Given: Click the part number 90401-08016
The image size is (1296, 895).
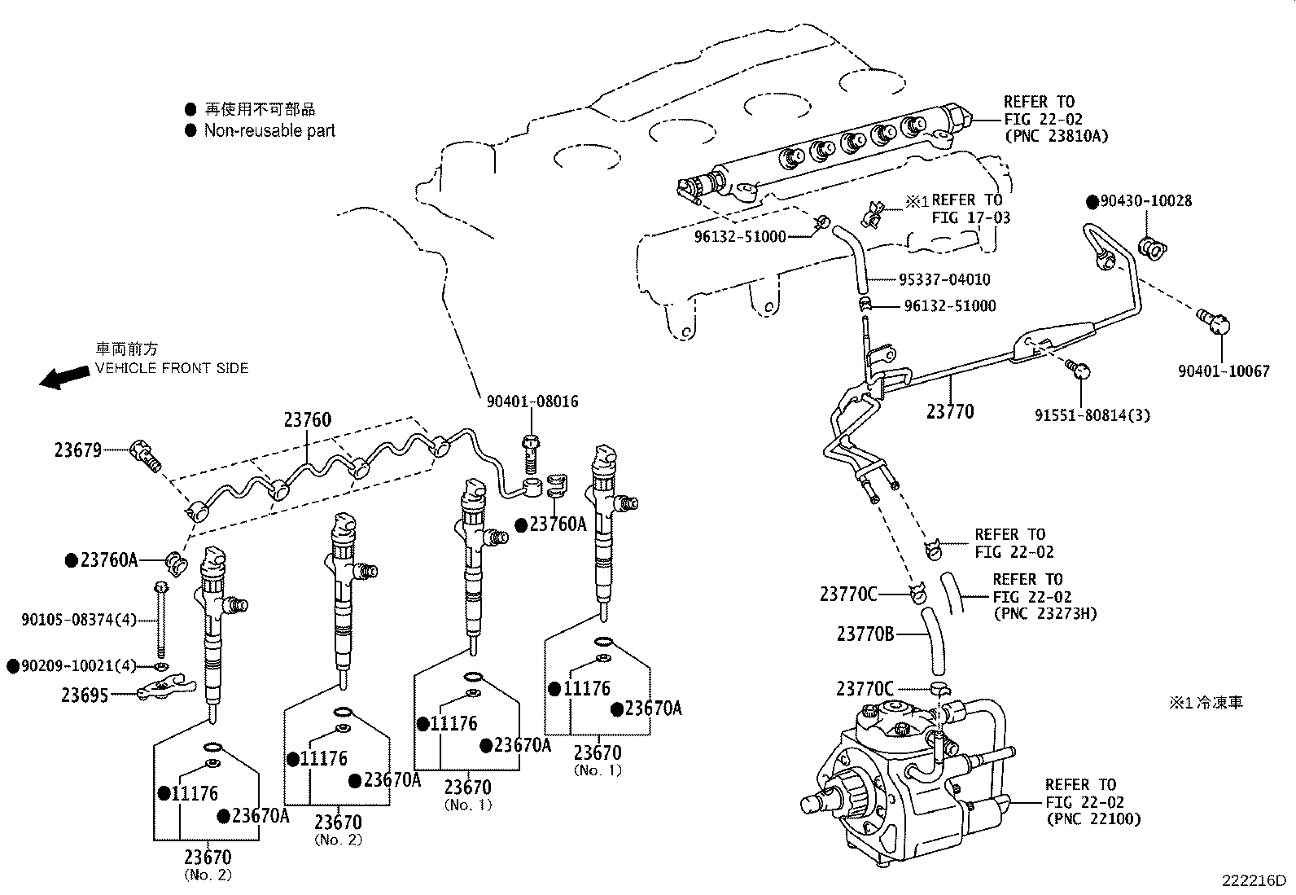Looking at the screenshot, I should coord(532,401).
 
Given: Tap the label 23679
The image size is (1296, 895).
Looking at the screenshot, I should coord(78,450).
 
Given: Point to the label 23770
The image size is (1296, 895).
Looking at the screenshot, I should coord(949,411).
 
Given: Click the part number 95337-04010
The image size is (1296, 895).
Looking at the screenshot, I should coord(944,279).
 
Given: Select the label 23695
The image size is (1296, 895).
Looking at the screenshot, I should coord(85,695).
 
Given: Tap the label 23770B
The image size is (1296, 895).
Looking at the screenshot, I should coord(865,633).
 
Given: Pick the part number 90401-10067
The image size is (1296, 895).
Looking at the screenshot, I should coord(1224,371).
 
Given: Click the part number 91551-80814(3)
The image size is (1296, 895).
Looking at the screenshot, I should coord(1092,415).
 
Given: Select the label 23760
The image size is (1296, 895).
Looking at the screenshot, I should coord(308,420).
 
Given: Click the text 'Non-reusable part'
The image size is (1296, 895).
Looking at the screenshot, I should coord(269,130).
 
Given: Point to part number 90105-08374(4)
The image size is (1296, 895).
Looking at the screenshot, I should coord(79,620).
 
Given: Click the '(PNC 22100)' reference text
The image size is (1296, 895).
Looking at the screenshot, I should coord(1093,819).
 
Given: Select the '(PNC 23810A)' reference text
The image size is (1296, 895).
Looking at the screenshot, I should coord(1057,136).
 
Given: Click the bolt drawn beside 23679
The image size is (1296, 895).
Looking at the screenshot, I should coord(146,454).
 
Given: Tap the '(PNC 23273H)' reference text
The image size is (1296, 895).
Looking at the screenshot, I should coord(1044,613).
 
